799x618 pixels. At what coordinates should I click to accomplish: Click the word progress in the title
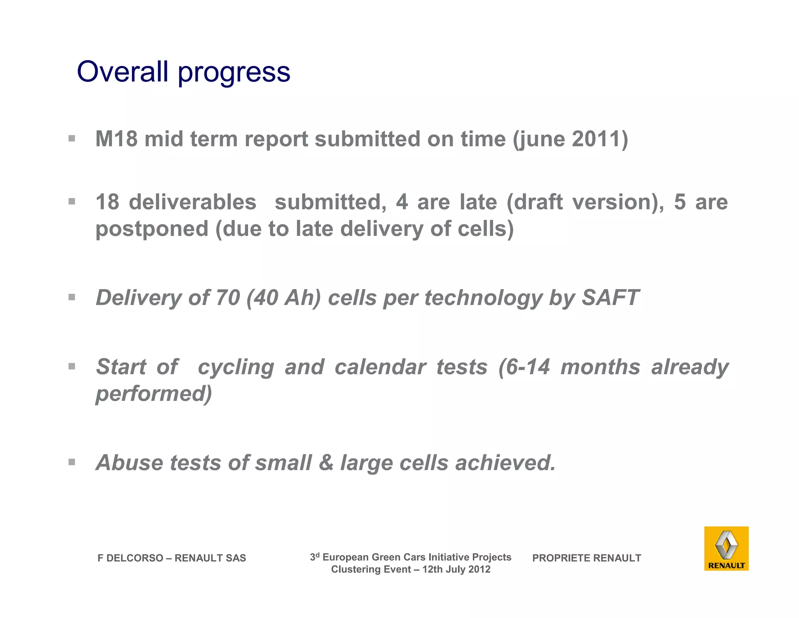(234, 73)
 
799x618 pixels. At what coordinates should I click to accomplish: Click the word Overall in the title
(123, 71)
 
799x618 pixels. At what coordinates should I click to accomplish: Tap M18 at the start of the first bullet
(116, 139)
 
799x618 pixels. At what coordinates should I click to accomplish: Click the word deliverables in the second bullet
(193, 202)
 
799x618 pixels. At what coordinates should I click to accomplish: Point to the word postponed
(152, 229)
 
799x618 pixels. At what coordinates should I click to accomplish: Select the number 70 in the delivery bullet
(227, 298)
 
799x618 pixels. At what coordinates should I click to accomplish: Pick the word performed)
(154, 394)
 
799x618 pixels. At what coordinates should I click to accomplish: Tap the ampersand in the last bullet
(326, 463)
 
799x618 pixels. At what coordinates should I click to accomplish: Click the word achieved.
(505, 463)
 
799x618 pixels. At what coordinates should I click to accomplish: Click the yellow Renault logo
(726, 548)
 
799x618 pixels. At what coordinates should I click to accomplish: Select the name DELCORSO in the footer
(135, 558)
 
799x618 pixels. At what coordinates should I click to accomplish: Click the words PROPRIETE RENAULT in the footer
(586, 558)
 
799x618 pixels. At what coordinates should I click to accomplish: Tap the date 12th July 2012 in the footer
(456, 569)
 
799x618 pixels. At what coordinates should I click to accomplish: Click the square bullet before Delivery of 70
(72, 297)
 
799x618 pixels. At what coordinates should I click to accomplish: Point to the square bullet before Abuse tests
(72, 463)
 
